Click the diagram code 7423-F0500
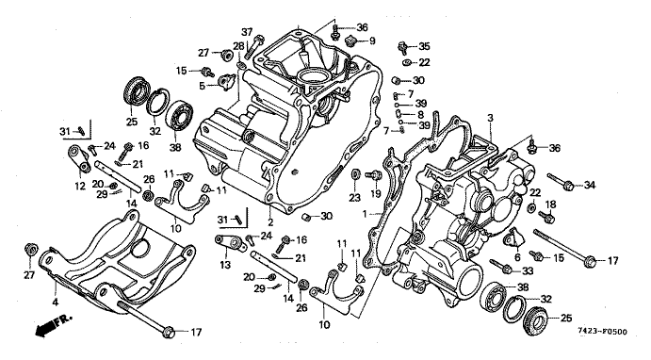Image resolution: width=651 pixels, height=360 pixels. coord(602,332)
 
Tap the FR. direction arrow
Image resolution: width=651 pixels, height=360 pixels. coord(54,325)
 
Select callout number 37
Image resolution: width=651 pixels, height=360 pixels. coord(247,31)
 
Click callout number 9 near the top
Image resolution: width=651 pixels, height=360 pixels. coord(372,41)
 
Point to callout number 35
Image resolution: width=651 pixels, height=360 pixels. coord(424,45)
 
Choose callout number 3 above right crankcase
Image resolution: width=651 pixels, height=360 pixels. coord(490,118)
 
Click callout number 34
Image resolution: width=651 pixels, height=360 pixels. coord(589,185)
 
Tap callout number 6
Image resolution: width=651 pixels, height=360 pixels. coord(517,257)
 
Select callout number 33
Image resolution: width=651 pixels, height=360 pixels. coord(527,271)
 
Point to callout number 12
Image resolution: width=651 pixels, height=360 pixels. coord(80,186)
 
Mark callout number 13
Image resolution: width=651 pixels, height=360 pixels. coord(225,265)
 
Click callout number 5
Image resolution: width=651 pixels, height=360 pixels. coord(203,86)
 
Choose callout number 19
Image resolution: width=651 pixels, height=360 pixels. coord(375,193)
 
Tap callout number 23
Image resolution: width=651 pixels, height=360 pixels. coord(354,198)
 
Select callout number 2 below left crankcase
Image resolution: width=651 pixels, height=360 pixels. coord(270,222)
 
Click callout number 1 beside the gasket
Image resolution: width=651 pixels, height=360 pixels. coord(365,214)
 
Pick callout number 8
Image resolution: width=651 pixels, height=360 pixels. coord(420,114)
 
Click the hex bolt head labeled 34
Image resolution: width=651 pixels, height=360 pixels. coord(569,186)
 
